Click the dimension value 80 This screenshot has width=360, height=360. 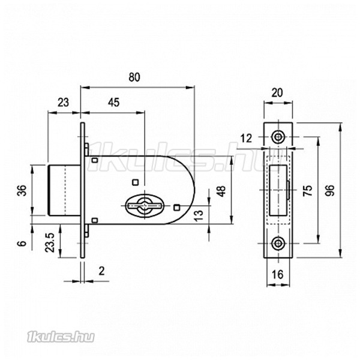click(x=134, y=77)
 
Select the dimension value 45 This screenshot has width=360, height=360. click(x=114, y=103)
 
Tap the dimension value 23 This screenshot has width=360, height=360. click(x=63, y=103)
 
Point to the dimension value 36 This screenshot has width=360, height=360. click(x=23, y=190)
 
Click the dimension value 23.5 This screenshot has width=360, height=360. click(x=50, y=242)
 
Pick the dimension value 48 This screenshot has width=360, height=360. click(x=221, y=191)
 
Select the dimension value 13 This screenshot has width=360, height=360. click(x=199, y=215)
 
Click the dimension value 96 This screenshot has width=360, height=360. click(x=330, y=190)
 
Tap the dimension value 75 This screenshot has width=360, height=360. click(x=308, y=190)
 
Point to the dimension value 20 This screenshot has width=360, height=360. click(x=277, y=93)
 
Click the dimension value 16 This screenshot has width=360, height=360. click(x=278, y=274)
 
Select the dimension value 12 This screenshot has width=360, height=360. click(x=247, y=139)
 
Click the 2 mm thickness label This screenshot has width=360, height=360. click(x=101, y=271)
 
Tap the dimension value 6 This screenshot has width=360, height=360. click(x=22, y=243)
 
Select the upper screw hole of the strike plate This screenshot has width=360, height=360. click(x=278, y=137)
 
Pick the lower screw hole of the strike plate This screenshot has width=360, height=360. click(x=278, y=243)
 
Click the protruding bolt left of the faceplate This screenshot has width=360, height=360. click(x=64, y=190)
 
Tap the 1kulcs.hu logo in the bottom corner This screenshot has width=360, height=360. click(x=61, y=337)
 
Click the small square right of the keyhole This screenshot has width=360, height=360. click(x=176, y=208)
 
